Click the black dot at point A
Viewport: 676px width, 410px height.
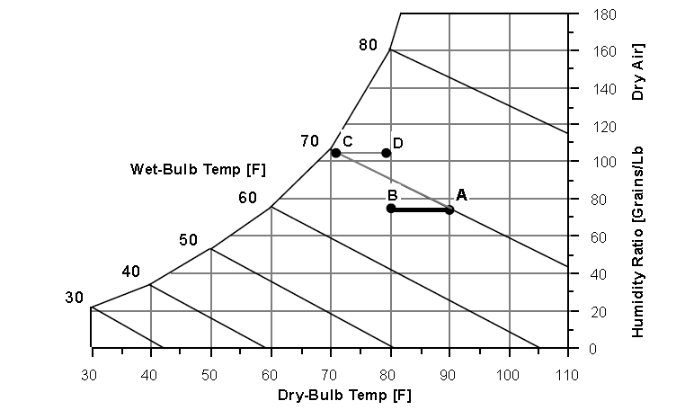pyautogui.click(x=449, y=209)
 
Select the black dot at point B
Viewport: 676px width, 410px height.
pyautogui.click(x=391, y=209)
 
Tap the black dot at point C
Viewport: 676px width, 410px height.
pyautogui.click(x=335, y=153)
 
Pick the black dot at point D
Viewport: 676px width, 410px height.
pyautogui.click(x=387, y=153)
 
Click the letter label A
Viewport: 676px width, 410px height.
pyautogui.click(x=461, y=194)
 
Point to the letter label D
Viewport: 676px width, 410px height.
pyautogui.click(x=397, y=142)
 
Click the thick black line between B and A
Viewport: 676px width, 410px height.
pyautogui.click(x=421, y=209)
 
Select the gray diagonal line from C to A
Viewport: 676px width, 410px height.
pyautogui.click(x=393, y=182)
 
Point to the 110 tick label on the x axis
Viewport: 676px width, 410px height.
pyautogui.click(x=568, y=375)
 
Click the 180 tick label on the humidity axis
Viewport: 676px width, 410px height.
pyautogui.click(x=603, y=14)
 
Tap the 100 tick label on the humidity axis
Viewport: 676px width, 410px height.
pyautogui.click(x=603, y=163)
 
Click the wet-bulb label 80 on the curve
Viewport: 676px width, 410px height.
pyautogui.click(x=367, y=43)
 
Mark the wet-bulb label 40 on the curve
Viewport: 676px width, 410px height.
pyautogui.click(x=131, y=272)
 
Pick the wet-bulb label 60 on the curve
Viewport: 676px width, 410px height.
pyautogui.click(x=248, y=198)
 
